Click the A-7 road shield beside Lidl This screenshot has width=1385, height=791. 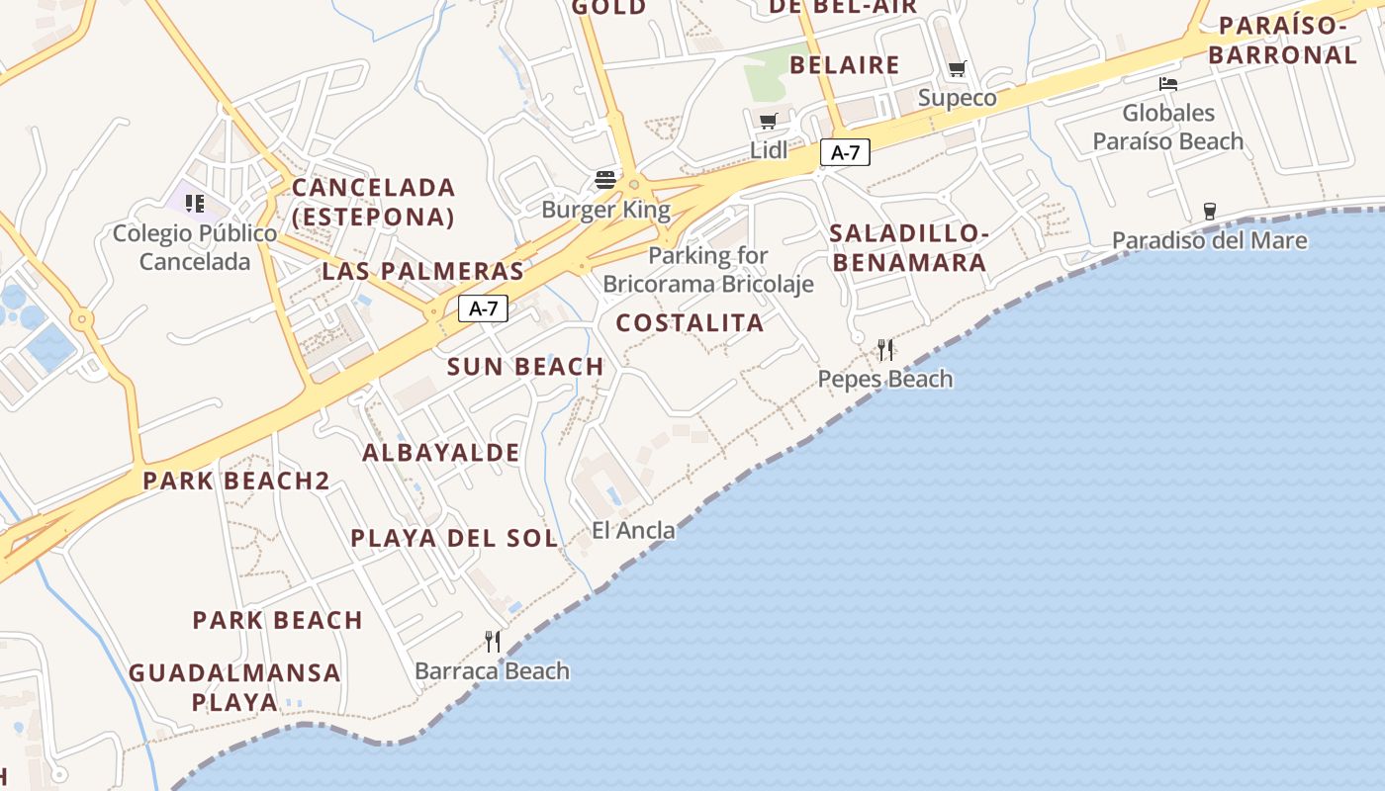(x=845, y=152)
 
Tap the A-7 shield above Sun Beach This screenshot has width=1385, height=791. (x=483, y=308)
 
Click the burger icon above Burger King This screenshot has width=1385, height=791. (x=605, y=180)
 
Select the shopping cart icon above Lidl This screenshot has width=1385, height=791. (x=769, y=121)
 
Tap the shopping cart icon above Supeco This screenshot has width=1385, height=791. (x=957, y=69)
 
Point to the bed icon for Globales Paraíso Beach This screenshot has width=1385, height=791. (x=1168, y=84)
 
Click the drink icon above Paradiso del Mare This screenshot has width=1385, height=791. (x=1209, y=211)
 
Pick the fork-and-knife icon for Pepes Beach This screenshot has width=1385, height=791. (x=885, y=349)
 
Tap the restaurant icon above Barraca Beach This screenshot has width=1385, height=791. (x=493, y=642)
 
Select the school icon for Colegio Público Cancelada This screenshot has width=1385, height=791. (x=195, y=204)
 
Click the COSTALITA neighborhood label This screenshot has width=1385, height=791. (x=690, y=322)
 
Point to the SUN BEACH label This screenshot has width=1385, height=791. (x=525, y=366)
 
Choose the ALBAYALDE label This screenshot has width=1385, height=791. (x=440, y=453)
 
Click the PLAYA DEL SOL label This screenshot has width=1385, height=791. (x=454, y=538)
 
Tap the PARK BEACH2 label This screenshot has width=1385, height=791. (x=235, y=481)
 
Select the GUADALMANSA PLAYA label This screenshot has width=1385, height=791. (x=234, y=687)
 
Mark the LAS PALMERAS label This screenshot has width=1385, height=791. (x=422, y=271)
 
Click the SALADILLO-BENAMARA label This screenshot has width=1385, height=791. (x=908, y=248)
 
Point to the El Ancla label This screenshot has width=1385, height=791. (x=633, y=530)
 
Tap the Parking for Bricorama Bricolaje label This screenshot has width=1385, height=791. (x=708, y=270)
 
